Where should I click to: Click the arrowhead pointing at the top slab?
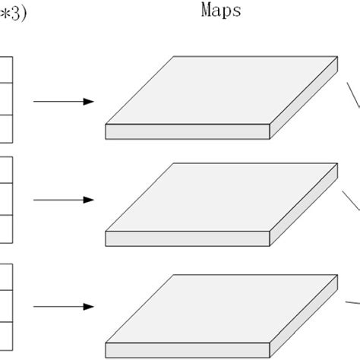(x=89, y=102)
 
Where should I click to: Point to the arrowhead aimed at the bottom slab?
(x=89, y=307)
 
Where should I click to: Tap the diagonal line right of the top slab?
(x=353, y=104)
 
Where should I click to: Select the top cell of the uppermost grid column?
(x=6, y=69)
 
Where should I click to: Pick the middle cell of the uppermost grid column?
(x=6, y=98)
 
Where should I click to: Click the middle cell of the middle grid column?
(x=6, y=199)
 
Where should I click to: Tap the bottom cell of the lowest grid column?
(x=6, y=334)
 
